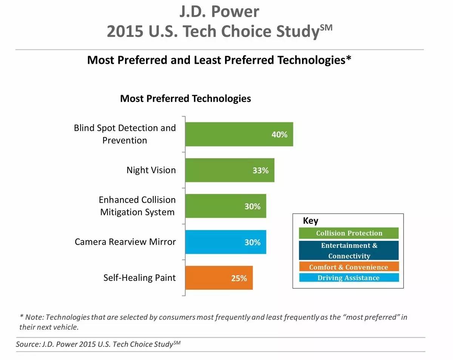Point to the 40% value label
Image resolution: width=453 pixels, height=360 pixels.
coord(279,134)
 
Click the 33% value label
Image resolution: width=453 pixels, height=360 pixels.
coord(260,171)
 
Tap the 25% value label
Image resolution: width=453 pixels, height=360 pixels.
coord(239,278)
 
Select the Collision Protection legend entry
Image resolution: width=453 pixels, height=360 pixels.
coord(349,233)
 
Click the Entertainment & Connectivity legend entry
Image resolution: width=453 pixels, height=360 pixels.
coord(349,251)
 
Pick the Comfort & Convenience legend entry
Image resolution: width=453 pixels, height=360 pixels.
coord(349,267)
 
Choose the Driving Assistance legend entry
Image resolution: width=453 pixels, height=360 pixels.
coord(349,278)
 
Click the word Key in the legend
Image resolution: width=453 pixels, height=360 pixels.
coord(311,221)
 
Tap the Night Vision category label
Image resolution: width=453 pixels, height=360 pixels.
coord(151,170)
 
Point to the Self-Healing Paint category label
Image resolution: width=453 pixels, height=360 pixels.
coord(140,278)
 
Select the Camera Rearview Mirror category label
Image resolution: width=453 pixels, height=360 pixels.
coord(125,242)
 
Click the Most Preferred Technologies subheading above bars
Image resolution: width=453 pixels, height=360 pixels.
coord(185,98)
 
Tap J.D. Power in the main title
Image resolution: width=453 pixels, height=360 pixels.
coord(219,11)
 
